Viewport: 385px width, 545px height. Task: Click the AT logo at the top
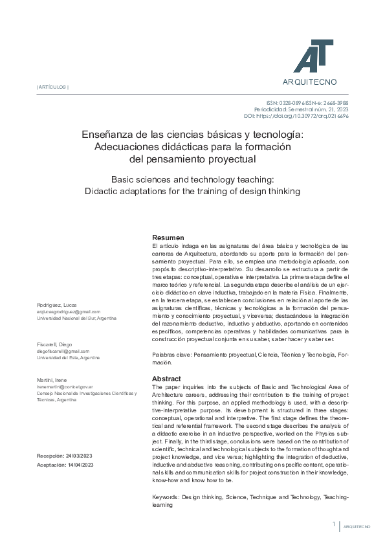pos(314,53)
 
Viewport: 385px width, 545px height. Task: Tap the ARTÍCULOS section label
pos(52,87)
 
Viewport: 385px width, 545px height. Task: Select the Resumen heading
pos(168,238)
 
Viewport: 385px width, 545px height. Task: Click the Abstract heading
pos(167,378)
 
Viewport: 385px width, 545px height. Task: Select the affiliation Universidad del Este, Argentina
pos(68,357)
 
